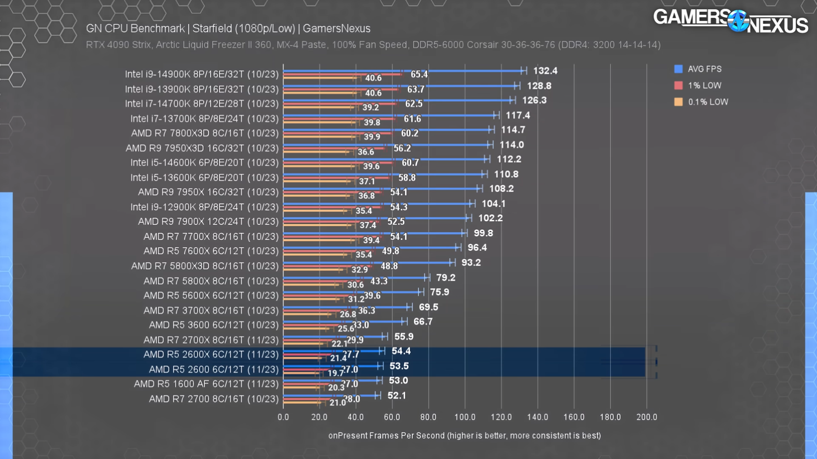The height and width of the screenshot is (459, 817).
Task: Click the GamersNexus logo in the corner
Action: [x=730, y=21]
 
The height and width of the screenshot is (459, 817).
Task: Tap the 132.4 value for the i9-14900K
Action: [x=545, y=71]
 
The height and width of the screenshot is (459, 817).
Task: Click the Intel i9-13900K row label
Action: [x=202, y=89]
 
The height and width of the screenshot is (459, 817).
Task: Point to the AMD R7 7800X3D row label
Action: [x=205, y=133]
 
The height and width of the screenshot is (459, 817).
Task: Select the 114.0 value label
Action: [x=511, y=145]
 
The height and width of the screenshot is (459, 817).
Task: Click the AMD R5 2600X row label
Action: [x=211, y=354]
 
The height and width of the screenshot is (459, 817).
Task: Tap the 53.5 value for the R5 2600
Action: [x=399, y=366]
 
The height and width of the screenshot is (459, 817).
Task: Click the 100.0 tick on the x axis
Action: [x=465, y=417]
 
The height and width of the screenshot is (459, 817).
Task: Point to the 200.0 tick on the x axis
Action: [x=646, y=417]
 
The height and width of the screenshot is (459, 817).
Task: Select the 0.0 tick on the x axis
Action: [x=283, y=417]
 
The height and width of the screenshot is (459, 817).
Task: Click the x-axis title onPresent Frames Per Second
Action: [x=464, y=436]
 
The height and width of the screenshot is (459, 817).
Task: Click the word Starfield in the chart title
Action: [x=212, y=28]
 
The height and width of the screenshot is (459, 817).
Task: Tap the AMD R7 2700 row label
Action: [x=214, y=399]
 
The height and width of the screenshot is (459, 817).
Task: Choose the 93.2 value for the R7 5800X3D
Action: [x=471, y=263]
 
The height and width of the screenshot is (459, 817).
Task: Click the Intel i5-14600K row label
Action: [x=204, y=163]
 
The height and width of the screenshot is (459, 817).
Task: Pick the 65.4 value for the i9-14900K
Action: [x=419, y=74]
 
